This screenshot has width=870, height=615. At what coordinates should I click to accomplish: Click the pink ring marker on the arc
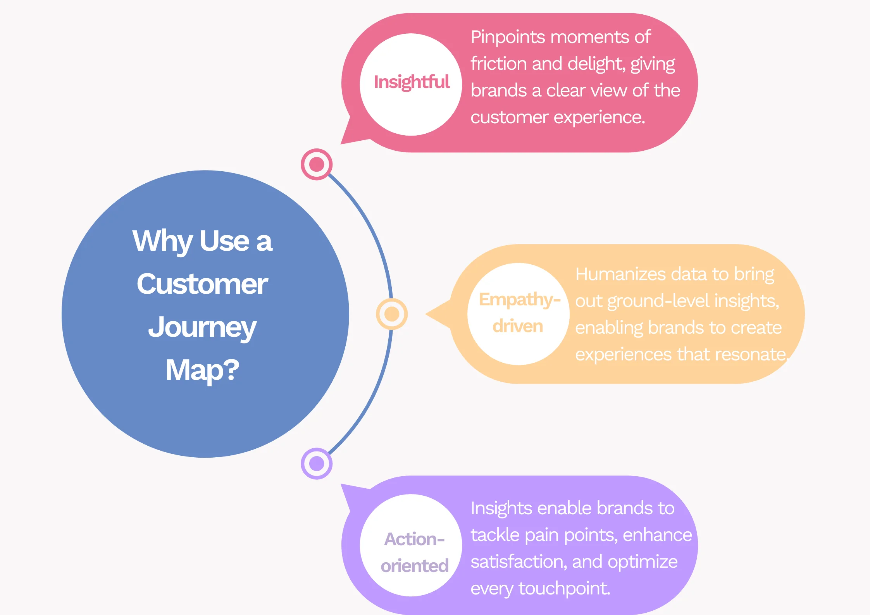pos(317,164)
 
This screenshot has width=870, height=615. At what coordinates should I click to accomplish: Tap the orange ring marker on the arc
pos(392,314)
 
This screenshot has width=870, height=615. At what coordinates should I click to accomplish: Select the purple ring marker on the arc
pos(317,463)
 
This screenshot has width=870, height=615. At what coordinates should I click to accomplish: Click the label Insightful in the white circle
pos(412,82)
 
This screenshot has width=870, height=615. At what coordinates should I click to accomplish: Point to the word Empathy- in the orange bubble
pos(519,300)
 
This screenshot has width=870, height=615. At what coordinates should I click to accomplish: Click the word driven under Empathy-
pos(517,326)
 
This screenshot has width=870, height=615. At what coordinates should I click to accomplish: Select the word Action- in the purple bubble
pos(414,539)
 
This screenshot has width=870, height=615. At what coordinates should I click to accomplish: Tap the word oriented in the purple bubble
pos(414,566)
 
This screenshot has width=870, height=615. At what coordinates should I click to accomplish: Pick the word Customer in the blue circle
pos(202,284)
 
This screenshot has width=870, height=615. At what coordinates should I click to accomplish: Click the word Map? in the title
pos(202,370)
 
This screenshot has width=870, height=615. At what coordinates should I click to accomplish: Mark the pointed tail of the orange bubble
pos(434,314)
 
